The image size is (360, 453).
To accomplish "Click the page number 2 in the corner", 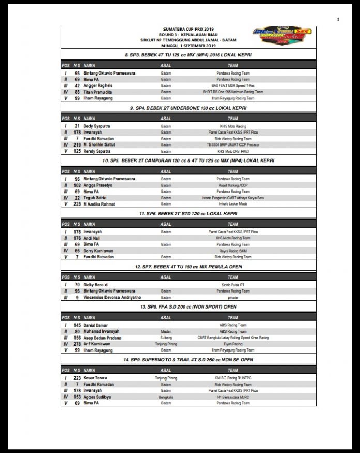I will (x=338, y=19).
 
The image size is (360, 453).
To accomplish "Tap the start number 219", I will (x=77, y=144).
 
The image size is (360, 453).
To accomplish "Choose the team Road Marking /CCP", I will (x=233, y=185).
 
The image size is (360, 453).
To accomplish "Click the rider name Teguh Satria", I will (x=95, y=197).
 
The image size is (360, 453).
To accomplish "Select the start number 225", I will (x=77, y=204).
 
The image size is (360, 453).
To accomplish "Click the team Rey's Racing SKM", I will (x=233, y=251).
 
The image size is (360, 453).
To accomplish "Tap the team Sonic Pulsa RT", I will (x=233, y=284).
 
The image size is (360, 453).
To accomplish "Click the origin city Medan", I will (x=166, y=331).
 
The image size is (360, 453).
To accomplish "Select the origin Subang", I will (x=166, y=338).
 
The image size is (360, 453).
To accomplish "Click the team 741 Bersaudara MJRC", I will (x=233, y=397).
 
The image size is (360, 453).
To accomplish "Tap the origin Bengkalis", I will (x=166, y=397).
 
